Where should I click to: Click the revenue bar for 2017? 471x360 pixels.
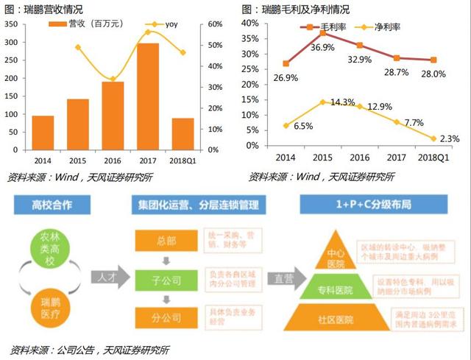point(148,96)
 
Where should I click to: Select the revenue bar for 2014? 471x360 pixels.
point(43,133)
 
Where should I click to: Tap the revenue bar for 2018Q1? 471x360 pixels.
point(183,134)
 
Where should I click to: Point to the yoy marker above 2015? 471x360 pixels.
point(78,47)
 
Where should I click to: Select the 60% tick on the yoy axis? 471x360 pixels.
point(214,24)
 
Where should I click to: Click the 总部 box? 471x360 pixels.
point(166,240)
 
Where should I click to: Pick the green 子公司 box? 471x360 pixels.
point(166,278)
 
